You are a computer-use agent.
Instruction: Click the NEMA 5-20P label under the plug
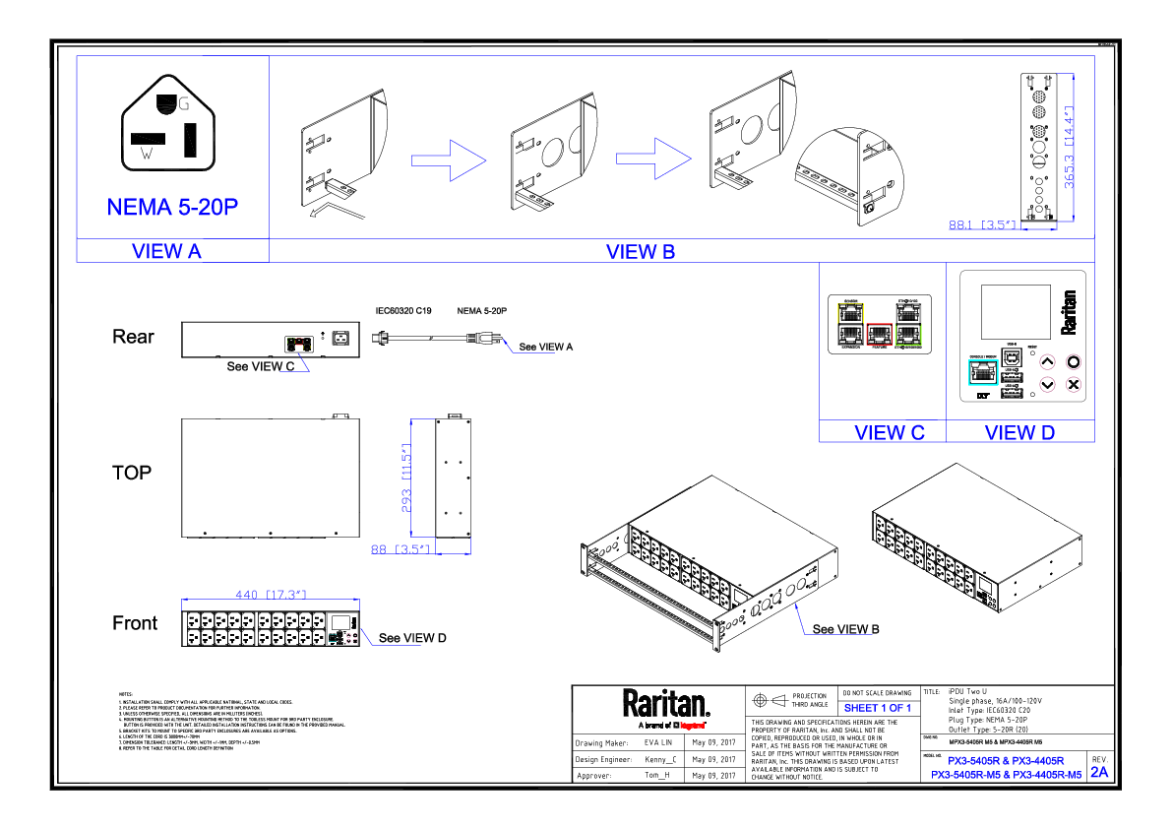(x=173, y=208)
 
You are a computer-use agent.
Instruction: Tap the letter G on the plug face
(x=184, y=102)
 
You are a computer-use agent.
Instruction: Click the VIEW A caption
(x=166, y=251)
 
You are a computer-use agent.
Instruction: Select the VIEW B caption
(x=641, y=251)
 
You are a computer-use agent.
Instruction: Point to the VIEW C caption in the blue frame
(x=890, y=432)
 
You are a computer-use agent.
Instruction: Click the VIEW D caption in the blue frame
(x=1019, y=432)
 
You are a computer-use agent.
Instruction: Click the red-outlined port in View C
(x=879, y=335)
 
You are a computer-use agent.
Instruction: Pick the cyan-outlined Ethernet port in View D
(x=981, y=371)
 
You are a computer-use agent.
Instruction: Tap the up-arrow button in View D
(x=1047, y=361)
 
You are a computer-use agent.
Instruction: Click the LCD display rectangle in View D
(x=1016, y=311)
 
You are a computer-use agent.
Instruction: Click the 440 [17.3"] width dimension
(x=271, y=595)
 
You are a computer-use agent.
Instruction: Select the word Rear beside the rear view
(x=133, y=337)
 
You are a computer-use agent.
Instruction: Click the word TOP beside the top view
(x=132, y=473)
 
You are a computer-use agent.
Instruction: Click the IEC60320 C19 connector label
(x=403, y=311)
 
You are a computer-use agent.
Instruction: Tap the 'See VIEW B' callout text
(x=845, y=629)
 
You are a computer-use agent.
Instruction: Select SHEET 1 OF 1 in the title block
(x=878, y=708)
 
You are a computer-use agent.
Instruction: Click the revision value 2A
(x=1099, y=772)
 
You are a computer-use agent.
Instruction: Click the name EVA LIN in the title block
(x=657, y=742)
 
